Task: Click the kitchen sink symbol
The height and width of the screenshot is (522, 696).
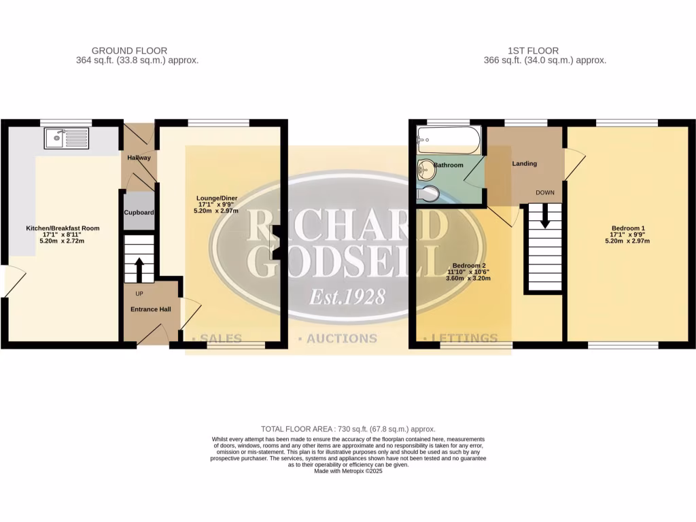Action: [67, 139]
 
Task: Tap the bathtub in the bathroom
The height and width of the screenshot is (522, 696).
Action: [449, 141]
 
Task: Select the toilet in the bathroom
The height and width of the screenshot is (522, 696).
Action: [429, 195]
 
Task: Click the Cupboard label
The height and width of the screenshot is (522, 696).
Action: [139, 213]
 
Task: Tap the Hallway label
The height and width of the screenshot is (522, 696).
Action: [139, 158]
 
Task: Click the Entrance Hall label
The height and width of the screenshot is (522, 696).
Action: [151, 309]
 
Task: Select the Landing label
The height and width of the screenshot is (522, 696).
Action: [525, 164]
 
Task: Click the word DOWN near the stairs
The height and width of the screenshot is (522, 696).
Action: [545, 192]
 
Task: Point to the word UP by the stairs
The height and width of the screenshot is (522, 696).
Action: [139, 294]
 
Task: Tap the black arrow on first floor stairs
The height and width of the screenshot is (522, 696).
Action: [544, 220]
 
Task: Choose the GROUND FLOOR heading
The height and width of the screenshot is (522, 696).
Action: [129, 50]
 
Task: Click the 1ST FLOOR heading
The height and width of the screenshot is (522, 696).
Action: [533, 50]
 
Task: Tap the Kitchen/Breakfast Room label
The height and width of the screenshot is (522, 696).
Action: [63, 228]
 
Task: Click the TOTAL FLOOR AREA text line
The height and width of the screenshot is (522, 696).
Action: [348, 429]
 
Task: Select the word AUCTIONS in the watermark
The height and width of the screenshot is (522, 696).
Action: [342, 338]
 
